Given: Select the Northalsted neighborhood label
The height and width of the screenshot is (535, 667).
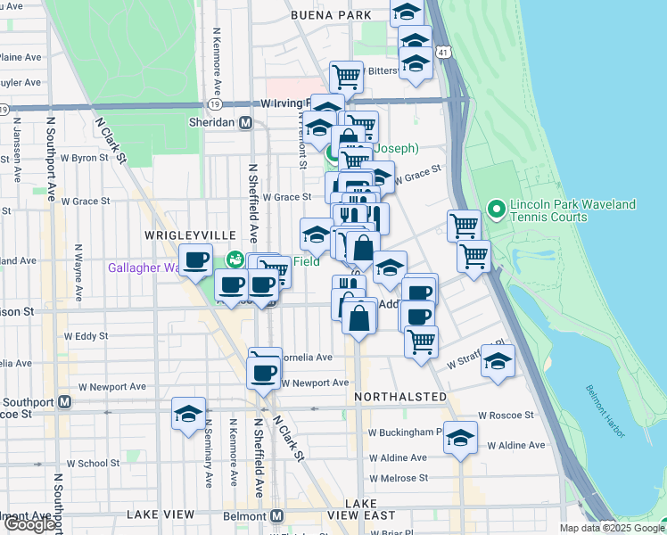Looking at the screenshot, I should click(399, 396).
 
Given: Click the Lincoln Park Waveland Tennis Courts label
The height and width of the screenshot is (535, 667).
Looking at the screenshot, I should click(574, 210).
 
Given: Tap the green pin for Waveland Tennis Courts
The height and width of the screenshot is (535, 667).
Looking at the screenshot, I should click(497, 211).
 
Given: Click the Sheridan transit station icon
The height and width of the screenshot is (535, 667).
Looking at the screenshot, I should click(244, 123).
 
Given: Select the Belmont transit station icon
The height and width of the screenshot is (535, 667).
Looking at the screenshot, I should click(276, 515).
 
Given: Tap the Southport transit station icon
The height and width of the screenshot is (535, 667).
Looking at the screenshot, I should click(64, 401).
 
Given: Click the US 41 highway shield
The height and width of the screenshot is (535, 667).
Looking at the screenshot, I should click(443, 53).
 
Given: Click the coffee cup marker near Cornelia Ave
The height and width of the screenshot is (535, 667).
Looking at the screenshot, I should click(264, 371).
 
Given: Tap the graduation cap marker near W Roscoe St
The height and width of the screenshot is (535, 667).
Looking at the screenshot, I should click(189, 415).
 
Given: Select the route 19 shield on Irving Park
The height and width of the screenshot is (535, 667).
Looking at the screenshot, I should click(214, 103).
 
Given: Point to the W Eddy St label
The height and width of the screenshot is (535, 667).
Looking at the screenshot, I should click(86, 336).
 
